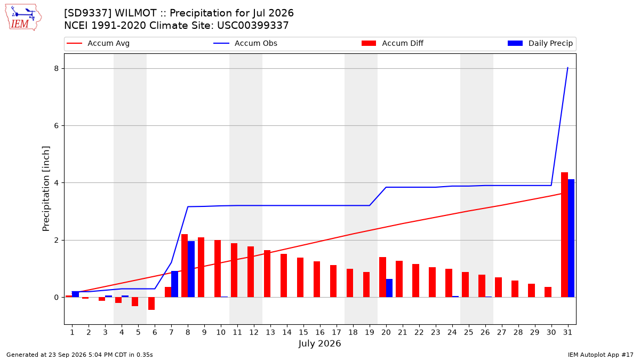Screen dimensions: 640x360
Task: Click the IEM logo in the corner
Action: [x=23, y=18]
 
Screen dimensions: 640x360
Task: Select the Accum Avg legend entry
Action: [x=98, y=43]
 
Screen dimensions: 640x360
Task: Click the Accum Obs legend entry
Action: [x=245, y=43]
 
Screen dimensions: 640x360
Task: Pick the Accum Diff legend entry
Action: [x=393, y=43]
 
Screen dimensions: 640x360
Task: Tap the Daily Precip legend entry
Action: [x=540, y=43]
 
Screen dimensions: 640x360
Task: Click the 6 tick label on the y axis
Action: [x=57, y=126]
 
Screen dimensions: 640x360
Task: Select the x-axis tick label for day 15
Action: [x=303, y=332]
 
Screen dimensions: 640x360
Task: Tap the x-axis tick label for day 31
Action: [x=567, y=332]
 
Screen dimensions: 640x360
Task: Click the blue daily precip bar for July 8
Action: [x=191, y=269]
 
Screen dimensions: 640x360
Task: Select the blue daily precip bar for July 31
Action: [x=571, y=238]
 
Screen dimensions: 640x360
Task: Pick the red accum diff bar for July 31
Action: [x=565, y=235]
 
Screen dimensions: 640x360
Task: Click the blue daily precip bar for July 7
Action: [x=174, y=284]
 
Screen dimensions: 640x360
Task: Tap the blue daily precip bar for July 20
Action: [x=389, y=288]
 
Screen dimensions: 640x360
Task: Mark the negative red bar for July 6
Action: [x=151, y=303]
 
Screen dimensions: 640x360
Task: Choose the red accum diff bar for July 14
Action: [x=284, y=275]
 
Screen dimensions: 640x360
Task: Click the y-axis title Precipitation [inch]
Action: [x=46, y=189]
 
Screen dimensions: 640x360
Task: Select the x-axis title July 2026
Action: [x=319, y=343]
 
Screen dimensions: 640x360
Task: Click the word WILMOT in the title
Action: [x=135, y=13]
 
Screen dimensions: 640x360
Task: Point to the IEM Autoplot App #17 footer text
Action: [x=601, y=355]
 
